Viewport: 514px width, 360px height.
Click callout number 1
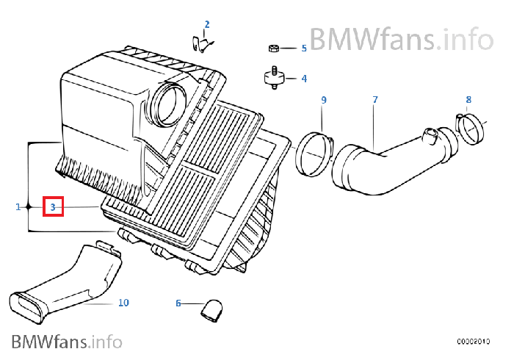click(18, 207)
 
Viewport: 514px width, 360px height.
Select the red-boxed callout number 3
click(53, 207)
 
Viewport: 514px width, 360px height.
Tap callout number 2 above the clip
click(207, 24)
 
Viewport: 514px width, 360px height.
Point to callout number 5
click(303, 48)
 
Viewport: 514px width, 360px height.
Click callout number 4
click(303, 78)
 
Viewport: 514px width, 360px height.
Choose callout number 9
click(322, 99)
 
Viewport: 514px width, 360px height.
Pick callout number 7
click(374, 99)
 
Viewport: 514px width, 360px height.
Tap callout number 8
click(468, 99)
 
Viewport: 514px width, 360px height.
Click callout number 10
click(123, 302)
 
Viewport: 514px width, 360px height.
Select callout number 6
click(178, 303)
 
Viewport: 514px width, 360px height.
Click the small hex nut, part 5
click(273, 48)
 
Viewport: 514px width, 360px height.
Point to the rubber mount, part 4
click(273, 78)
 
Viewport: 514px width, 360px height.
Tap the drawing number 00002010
click(473, 341)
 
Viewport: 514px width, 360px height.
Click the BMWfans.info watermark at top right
click(400, 36)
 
